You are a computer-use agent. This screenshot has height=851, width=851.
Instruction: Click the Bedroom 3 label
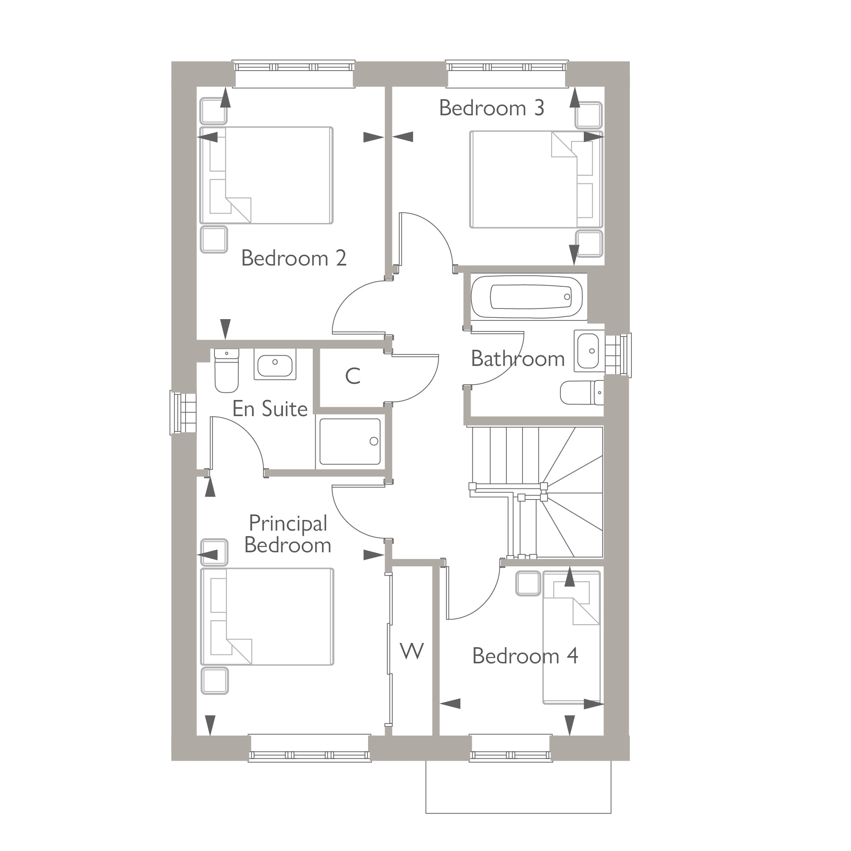tap(491, 109)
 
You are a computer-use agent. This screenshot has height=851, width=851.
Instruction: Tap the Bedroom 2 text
tap(294, 259)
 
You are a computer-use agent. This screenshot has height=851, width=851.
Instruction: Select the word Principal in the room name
tap(288, 523)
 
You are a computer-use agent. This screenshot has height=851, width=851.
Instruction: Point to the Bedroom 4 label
tap(525, 656)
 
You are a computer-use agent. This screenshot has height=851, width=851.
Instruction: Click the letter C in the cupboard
tap(353, 376)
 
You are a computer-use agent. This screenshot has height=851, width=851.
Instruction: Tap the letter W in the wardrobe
tap(412, 651)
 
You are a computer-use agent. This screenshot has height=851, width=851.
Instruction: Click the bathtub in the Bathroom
tap(527, 297)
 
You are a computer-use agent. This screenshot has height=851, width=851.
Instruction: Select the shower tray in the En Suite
tap(350, 442)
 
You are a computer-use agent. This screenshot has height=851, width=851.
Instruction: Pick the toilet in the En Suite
tap(226, 371)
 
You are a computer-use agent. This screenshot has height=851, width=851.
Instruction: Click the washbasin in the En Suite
tap(275, 364)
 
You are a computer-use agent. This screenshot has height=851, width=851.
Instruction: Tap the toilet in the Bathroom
tap(581, 392)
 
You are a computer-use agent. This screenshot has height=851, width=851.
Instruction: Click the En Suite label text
tap(270, 409)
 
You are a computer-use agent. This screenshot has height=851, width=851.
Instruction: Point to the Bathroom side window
tap(619, 355)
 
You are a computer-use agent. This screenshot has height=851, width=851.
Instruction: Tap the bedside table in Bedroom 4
tap(528, 584)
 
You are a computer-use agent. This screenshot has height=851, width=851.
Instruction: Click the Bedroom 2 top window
tap(294, 67)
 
